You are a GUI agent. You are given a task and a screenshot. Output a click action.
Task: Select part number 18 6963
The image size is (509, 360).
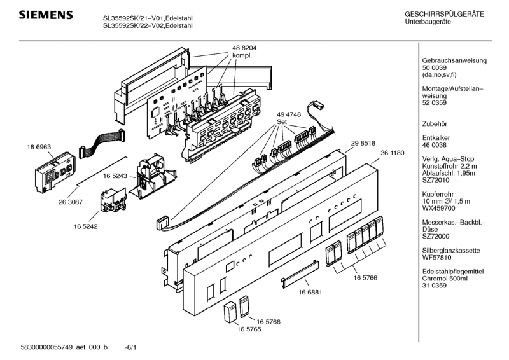(39, 146)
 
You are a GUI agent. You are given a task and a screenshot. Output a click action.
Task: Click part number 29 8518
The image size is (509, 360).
(363, 144)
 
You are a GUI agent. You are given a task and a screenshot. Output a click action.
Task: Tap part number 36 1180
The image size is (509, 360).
(393, 153)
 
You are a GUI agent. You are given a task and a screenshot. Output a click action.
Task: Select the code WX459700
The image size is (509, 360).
(440, 208)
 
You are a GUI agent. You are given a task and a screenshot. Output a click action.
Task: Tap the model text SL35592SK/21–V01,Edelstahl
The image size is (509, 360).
(148, 18)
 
